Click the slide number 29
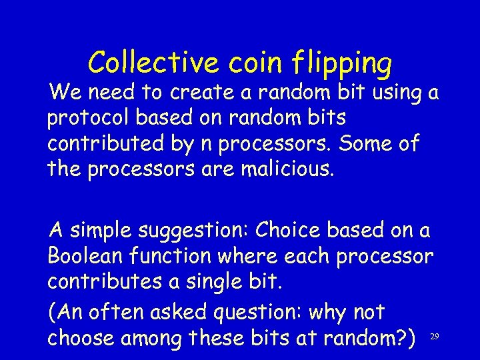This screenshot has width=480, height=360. click(434, 337)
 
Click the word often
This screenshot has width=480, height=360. click(120, 311)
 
